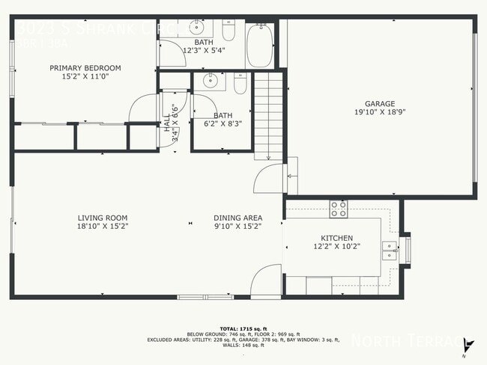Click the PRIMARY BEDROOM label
85,68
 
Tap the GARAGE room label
379,104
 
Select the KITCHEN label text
336,237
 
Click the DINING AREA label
237,218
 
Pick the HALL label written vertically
167,124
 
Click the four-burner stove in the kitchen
339,209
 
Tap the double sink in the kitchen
389,250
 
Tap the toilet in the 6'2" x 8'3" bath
239,85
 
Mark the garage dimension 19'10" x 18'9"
379,113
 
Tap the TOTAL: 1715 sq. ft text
243,328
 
